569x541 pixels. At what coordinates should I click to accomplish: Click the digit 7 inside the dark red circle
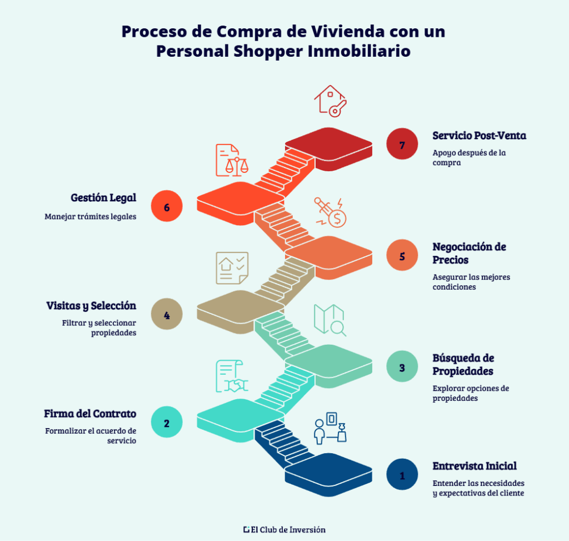click(x=402, y=145)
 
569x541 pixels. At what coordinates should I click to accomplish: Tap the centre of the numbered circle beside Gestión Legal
click(x=167, y=206)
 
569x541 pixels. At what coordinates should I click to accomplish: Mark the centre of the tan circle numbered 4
click(x=167, y=314)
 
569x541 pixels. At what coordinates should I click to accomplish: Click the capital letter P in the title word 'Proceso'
click(x=127, y=32)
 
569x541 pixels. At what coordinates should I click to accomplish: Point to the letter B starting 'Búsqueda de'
click(x=437, y=358)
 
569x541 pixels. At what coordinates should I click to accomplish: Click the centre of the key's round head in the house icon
click(x=335, y=111)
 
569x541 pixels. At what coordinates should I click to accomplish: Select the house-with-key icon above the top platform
click(x=331, y=101)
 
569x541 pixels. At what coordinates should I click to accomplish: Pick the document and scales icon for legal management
click(x=232, y=160)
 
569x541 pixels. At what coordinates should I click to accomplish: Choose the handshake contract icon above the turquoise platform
click(x=232, y=376)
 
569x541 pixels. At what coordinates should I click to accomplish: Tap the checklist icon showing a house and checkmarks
click(x=232, y=268)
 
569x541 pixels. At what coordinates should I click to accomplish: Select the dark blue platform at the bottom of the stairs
click(x=328, y=474)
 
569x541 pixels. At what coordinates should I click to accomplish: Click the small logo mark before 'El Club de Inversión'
click(x=246, y=530)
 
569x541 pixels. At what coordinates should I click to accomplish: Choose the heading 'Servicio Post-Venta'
click(x=480, y=136)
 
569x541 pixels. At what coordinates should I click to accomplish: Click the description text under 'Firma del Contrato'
click(x=91, y=436)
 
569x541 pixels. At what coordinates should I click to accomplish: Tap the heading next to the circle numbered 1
click(x=475, y=466)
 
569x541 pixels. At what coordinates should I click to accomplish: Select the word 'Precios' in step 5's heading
click(x=450, y=260)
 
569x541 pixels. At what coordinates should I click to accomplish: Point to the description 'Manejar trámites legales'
click(x=91, y=216)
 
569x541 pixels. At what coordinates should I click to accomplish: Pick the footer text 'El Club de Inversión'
click(x=288, y=530)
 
